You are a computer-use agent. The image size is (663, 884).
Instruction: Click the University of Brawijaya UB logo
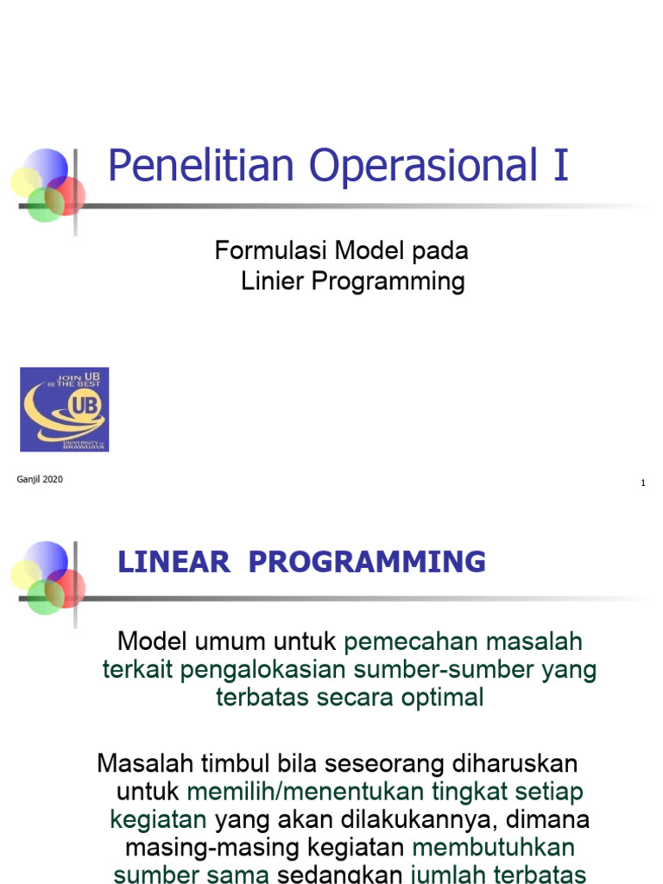tap(65, 409)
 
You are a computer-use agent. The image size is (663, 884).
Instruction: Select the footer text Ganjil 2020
tap(40, 480)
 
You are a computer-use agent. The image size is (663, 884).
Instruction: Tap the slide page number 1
tap(643, 483)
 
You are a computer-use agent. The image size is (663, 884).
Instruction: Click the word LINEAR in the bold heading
tap(174, 562)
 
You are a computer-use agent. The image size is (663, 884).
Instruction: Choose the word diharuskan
tap(515, 764)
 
